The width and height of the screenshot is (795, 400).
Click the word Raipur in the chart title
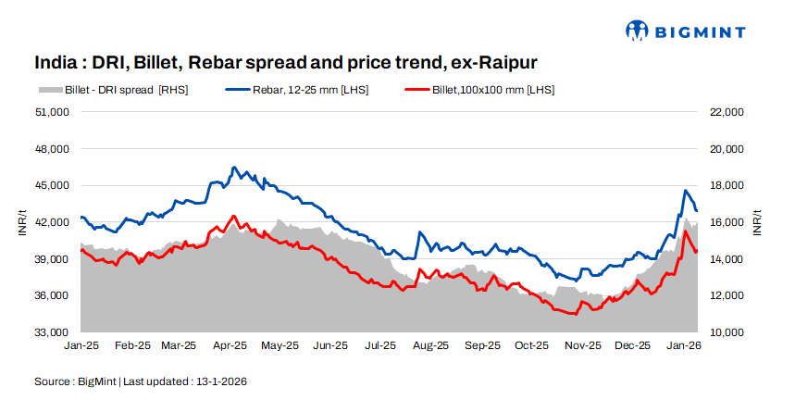coord(504,62)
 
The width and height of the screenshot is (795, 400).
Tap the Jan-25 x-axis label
coord(82,345)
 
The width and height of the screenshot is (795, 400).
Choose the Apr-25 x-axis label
coord(230,345)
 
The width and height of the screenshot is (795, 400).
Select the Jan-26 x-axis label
coord(683,345)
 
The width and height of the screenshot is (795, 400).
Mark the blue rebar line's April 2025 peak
coord(234,168)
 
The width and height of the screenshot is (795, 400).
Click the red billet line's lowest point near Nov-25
coord(575,315)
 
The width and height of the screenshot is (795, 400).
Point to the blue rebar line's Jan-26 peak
coord(685,191)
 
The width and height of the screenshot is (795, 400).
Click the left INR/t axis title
coord(21,222)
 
